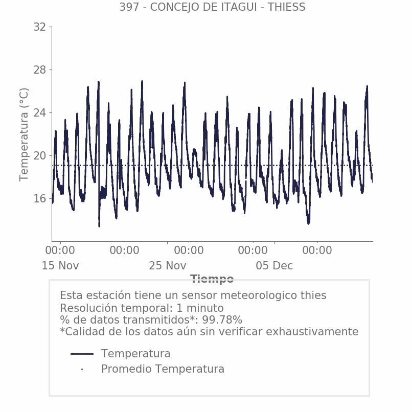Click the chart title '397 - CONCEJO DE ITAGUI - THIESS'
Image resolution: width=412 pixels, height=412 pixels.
tap(212, 7)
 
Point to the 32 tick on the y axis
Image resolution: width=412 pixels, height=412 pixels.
tap(40, 27)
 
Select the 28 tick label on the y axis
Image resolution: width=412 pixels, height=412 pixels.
tap(40, 70)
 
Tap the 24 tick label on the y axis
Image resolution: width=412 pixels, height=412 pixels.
tap(40, 113)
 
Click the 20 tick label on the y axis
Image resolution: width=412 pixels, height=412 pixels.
tap(40, 156)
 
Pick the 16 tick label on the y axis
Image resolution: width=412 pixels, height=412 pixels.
tap(40, 199)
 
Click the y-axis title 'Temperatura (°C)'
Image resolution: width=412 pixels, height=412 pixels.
tap(24, 134)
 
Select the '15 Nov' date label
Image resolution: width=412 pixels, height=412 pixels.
tap(60, 266)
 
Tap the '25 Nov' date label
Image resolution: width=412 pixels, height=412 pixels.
tap(168, 266)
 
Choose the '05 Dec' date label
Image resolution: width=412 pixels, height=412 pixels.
tap(274, 266)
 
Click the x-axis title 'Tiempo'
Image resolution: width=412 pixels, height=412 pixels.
tap(212, 279)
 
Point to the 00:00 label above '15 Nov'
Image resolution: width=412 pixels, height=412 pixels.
tap(60, 250)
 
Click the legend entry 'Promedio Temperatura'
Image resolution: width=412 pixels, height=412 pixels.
tap(163, 369)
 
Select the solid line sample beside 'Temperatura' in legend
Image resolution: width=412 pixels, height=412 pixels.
tap(82, 354)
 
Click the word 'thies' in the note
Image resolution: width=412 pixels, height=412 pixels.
tap(312, 295)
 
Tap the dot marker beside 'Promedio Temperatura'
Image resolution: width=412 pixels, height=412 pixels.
tap(82, 369)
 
